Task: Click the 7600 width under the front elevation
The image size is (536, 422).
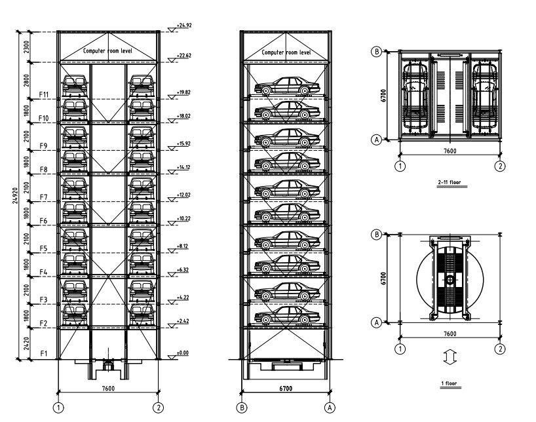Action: tap(109, 389)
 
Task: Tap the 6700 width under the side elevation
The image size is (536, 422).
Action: tap(286, 389)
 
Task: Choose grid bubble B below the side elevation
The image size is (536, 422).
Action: tap(242, 408)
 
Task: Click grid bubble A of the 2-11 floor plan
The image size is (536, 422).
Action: tap(376, 139)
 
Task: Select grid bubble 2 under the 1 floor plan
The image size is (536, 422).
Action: tap(501, 349)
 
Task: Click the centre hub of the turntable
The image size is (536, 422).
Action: tap(450, 280)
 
